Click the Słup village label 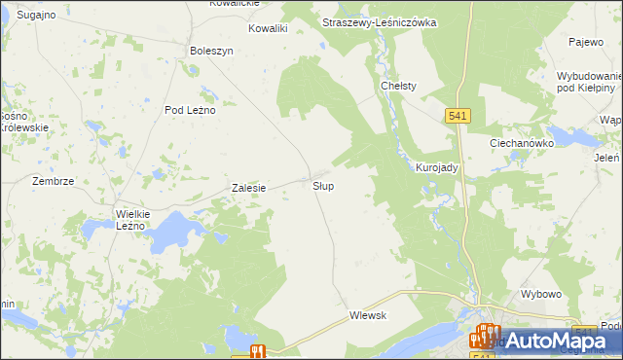tap(324, 185)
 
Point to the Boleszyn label tap(212, 51)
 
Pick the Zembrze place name tap(53, 181)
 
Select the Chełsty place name tap(398, 86)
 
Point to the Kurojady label tap(437, 167)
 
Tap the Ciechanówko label tap(521, 142)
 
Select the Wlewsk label tap(368, 315)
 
